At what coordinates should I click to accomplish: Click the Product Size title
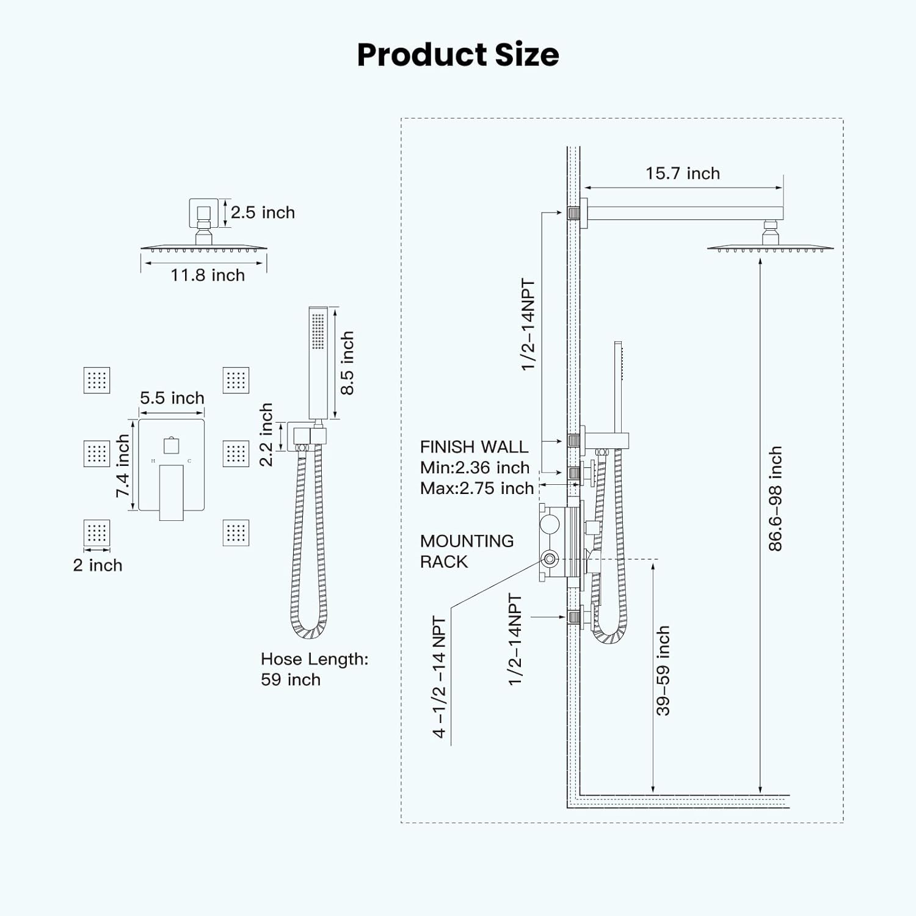457,54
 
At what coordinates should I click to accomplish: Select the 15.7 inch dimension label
683,173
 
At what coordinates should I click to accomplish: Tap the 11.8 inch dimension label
208,275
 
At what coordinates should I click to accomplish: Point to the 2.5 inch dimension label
263,213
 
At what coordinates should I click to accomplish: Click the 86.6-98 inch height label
775,498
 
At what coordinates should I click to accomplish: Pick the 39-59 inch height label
663,670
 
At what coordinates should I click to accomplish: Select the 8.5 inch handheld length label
346,363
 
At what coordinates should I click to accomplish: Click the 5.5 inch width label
172,398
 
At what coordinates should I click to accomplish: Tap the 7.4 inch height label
123,465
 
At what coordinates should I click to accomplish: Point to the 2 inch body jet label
98,565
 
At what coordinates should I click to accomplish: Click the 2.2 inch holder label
266,434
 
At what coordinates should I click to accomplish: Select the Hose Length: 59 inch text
314,669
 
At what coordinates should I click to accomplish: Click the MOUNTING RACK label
467,551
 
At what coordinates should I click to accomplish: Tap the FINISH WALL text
474,447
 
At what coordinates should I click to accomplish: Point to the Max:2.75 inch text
477,489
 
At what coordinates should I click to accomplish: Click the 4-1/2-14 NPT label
439,677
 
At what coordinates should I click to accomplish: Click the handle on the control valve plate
171,492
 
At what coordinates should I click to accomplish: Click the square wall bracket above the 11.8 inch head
203,213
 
